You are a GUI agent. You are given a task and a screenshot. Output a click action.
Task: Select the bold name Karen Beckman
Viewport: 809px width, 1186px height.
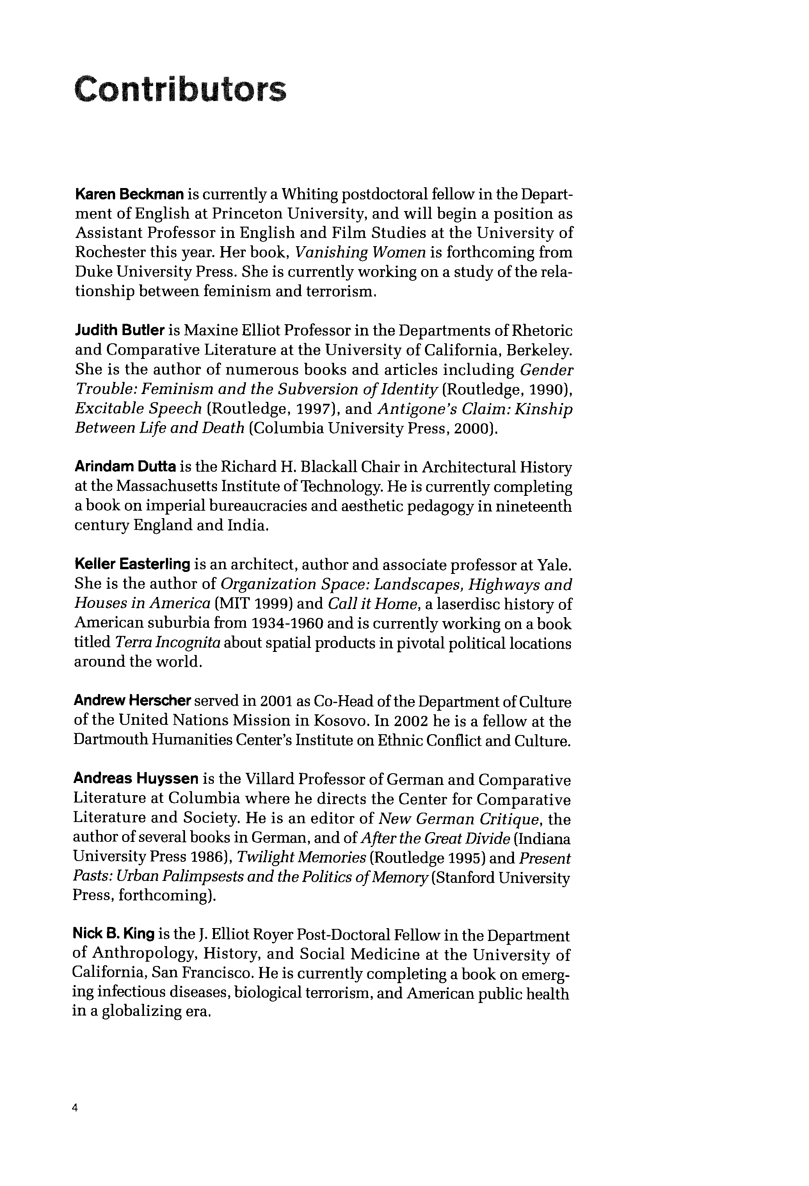[129, 194]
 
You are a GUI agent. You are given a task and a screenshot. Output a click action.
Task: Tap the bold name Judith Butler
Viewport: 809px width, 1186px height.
[119, 331]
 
